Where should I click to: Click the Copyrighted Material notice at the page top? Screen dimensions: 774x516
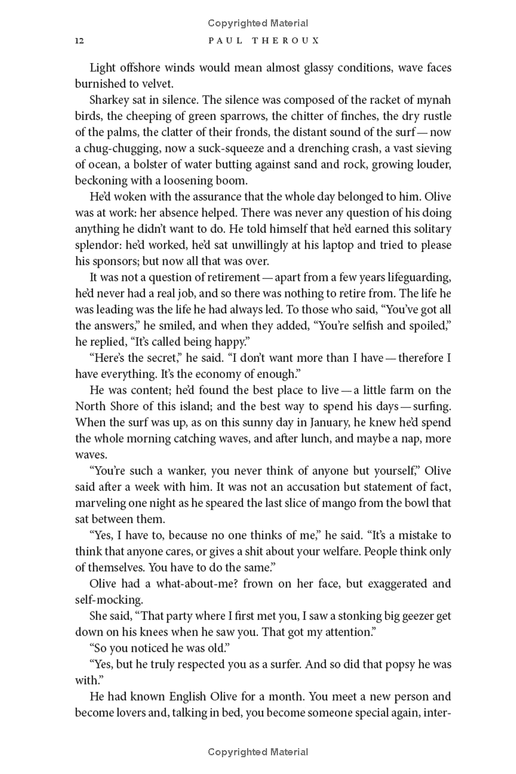[x=258, y=23]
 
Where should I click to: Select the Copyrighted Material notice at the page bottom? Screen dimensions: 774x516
[x=258, y=752]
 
